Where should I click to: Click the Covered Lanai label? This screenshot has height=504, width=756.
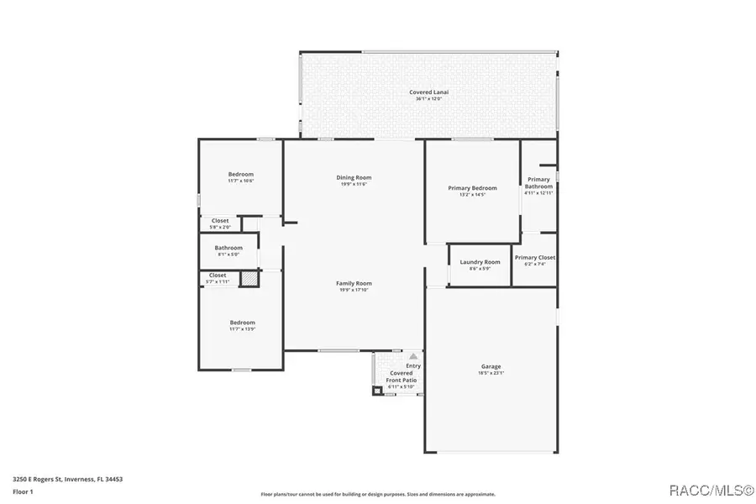click(428, 92)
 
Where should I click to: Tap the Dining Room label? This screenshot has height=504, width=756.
click(354, 177)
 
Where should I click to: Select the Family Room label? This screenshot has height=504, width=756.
click(354, 283)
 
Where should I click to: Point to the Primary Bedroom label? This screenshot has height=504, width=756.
click(472, 188)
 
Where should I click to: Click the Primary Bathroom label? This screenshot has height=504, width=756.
click(538, 183)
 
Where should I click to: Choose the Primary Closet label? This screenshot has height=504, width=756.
click(535, 258)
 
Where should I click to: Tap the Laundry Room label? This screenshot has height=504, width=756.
click(480, 262)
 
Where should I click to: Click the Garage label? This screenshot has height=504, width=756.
click(491, 366)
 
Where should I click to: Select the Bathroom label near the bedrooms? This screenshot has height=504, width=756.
click(228, 248)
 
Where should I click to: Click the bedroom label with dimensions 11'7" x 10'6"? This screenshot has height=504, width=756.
click(240, 174)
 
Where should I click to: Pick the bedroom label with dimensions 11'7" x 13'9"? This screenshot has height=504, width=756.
click(242, 323)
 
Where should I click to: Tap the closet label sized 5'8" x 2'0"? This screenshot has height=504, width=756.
click(219, 221)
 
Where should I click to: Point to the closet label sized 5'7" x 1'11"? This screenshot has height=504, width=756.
click(217, 276)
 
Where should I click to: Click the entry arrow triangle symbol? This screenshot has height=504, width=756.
click(412, 356)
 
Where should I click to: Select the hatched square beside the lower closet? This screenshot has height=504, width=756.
click(249, 279)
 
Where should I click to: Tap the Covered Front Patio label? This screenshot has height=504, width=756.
click(401, 376)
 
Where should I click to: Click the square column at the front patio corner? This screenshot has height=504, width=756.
click(376, 390)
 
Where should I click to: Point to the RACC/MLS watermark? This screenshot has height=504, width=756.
click(705, 488)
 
